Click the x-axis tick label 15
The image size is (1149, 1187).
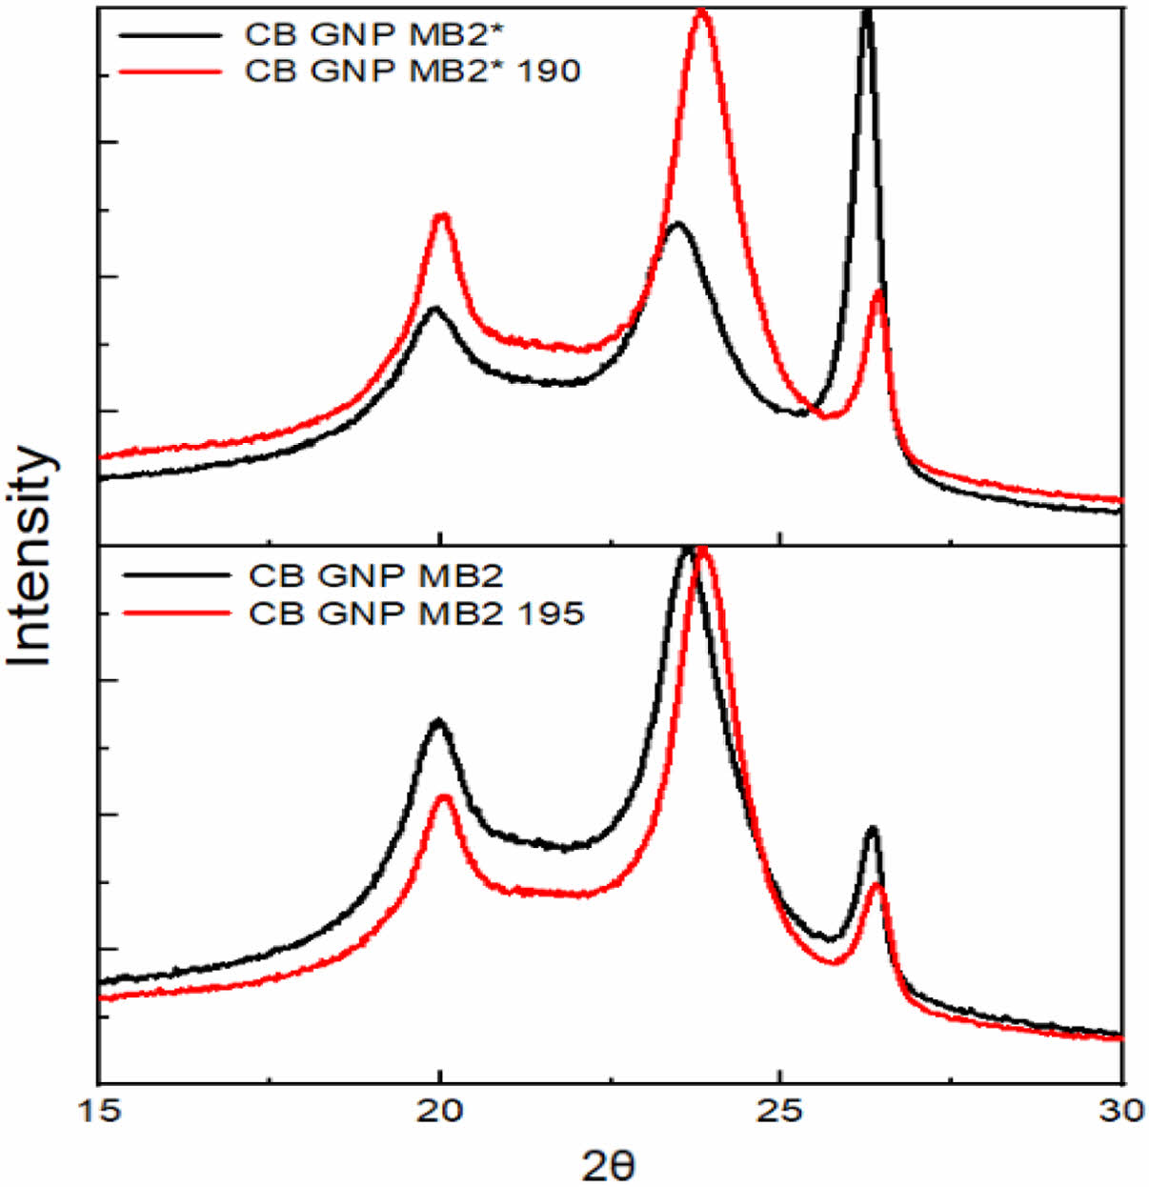click(x=98, y=1111)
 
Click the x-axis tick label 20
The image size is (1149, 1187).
click(x=439, y=1111)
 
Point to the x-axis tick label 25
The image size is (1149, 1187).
click(x=780, y=1111)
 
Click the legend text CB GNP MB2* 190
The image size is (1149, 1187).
click(x=413, y=71)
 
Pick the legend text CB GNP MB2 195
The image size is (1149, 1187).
click(x=416, y=614)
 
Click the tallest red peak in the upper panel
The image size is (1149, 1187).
click(x=702, y=13)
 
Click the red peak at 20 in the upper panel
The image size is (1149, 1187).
click(x=441, y=217)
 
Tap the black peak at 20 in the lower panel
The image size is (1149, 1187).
click(x=438, y=722)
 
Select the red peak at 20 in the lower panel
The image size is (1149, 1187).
click(x=443, y=797)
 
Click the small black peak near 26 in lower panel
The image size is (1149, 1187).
click(x=871, y=830)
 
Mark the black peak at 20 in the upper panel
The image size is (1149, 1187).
click(x=436, y=310)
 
